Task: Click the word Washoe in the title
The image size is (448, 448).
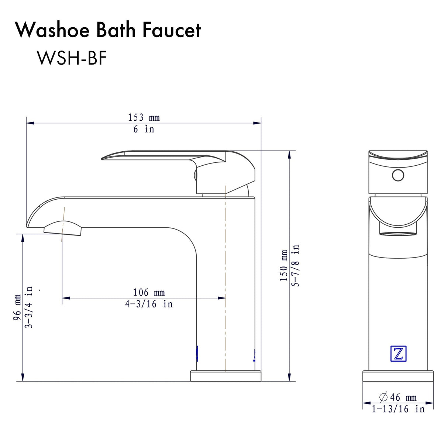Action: click(52, 30)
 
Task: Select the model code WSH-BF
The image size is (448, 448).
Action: click(72, 58)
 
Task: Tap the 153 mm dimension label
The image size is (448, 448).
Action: click(144, 117)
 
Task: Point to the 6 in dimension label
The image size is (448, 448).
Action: click(144, 129)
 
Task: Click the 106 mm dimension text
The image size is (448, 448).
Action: click(149, 292)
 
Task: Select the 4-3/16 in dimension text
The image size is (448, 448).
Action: click(149, 304)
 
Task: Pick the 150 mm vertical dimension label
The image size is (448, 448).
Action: click(284, 266)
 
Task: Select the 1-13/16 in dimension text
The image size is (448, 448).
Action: click(398, 409)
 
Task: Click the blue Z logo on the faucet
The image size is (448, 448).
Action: click(398, 354)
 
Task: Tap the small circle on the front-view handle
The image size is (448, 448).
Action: click(398, 175)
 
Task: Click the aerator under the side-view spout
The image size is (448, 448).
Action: click(62, 228)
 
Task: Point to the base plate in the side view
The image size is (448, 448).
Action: click(225, 376)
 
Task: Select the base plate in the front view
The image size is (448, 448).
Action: click(398, 376)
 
